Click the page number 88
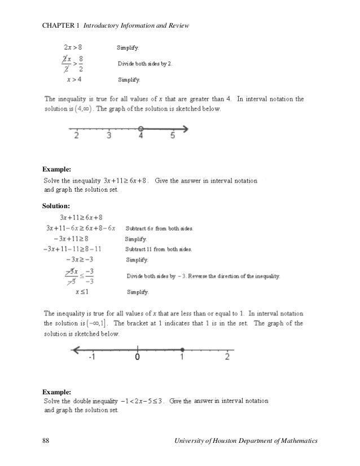point(46,439)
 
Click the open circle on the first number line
point(141,128)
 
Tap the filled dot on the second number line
point(182,349)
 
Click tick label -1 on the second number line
point(92,357)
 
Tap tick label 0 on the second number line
point(137,357)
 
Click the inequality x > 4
point(72,80)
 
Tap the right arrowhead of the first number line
point(186,128)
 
